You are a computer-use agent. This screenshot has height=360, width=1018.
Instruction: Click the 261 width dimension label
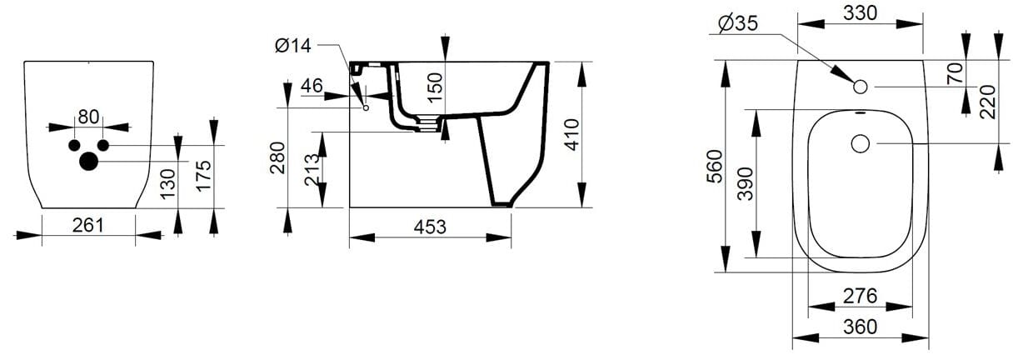click(87, 224)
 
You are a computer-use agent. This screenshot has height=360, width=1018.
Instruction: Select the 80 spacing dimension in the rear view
click(89, 116)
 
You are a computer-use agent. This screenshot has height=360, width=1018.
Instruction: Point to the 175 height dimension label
click(204, 176)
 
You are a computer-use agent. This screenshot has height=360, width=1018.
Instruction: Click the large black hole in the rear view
click(88, 161)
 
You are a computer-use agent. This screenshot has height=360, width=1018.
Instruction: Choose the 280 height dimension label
click(277, 157)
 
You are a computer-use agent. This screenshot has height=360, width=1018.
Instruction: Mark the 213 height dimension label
click(313, 172)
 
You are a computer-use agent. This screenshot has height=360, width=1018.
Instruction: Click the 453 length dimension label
click(430, 226)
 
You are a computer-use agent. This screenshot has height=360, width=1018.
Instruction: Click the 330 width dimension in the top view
click(861, 14)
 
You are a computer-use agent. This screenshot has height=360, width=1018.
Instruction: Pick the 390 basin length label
click(746, 183)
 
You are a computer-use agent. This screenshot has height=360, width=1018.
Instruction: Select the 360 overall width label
click(861, 327)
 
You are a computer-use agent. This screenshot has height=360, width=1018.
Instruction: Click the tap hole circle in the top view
click(861, 86)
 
